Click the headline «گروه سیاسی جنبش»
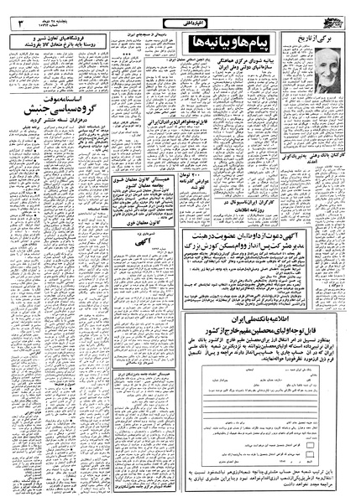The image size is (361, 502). point(47,109)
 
